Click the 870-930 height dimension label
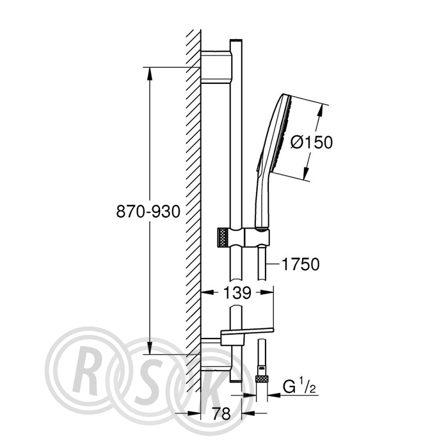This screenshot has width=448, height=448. pos(148,212)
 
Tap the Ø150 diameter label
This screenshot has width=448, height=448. pos(312,142)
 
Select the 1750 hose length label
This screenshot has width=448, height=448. pos(301,264)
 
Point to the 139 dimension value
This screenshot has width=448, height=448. pos(237,292)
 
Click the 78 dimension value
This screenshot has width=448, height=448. pos(221,413)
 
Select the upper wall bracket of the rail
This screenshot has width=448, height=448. pos(216,67)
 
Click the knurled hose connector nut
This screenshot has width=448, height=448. pos(262,379)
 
